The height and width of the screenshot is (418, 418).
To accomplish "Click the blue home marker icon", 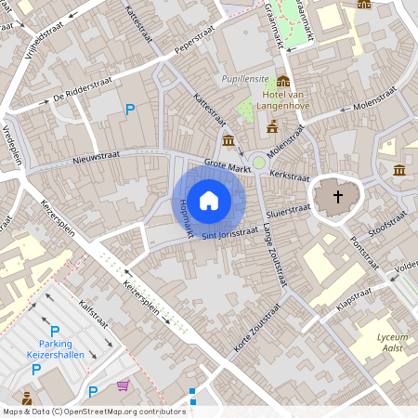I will [x=209, y=199].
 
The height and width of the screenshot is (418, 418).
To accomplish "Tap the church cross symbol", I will [x=338, y=197].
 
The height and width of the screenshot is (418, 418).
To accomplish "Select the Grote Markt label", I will [x=229, y=165].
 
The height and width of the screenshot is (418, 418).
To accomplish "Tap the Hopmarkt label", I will [x=180, y=214].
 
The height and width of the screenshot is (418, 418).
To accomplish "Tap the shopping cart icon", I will [x=123, y=385].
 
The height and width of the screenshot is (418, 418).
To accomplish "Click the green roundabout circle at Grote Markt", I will [x=260, y=163].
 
